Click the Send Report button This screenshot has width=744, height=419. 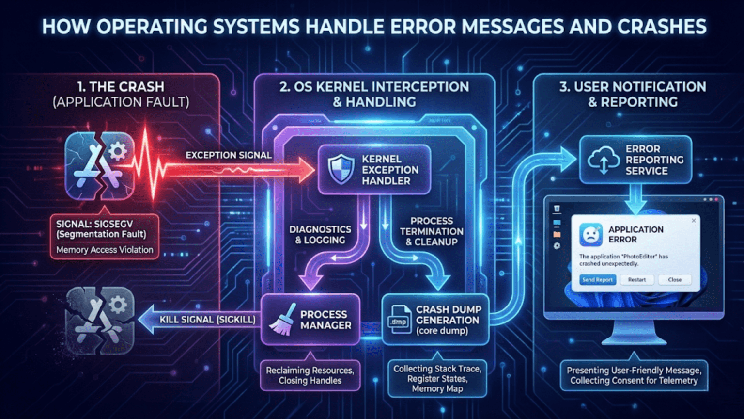[x=597, y=280]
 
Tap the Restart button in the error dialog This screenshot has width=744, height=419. [x=636, y=280]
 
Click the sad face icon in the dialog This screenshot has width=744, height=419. [x=590, y=235]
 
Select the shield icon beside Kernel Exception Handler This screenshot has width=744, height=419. [x=341, y=169]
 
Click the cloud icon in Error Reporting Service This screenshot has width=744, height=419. [x=603, y=160]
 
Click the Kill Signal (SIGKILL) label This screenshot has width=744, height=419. [x=207, y=320]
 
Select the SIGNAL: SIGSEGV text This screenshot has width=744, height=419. [x=94, y=224]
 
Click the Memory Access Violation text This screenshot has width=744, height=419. [x=105, y=250]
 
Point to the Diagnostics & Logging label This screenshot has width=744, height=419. [x=320, y=235]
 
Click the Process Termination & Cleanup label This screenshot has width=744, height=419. [x=431, y=231]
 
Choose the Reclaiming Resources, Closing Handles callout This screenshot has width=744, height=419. [x=310, y=375]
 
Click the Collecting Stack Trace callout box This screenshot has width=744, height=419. [x=437, y=378]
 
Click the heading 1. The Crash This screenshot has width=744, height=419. [x=121, y=87]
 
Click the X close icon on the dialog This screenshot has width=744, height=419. [x=694, y=221]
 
